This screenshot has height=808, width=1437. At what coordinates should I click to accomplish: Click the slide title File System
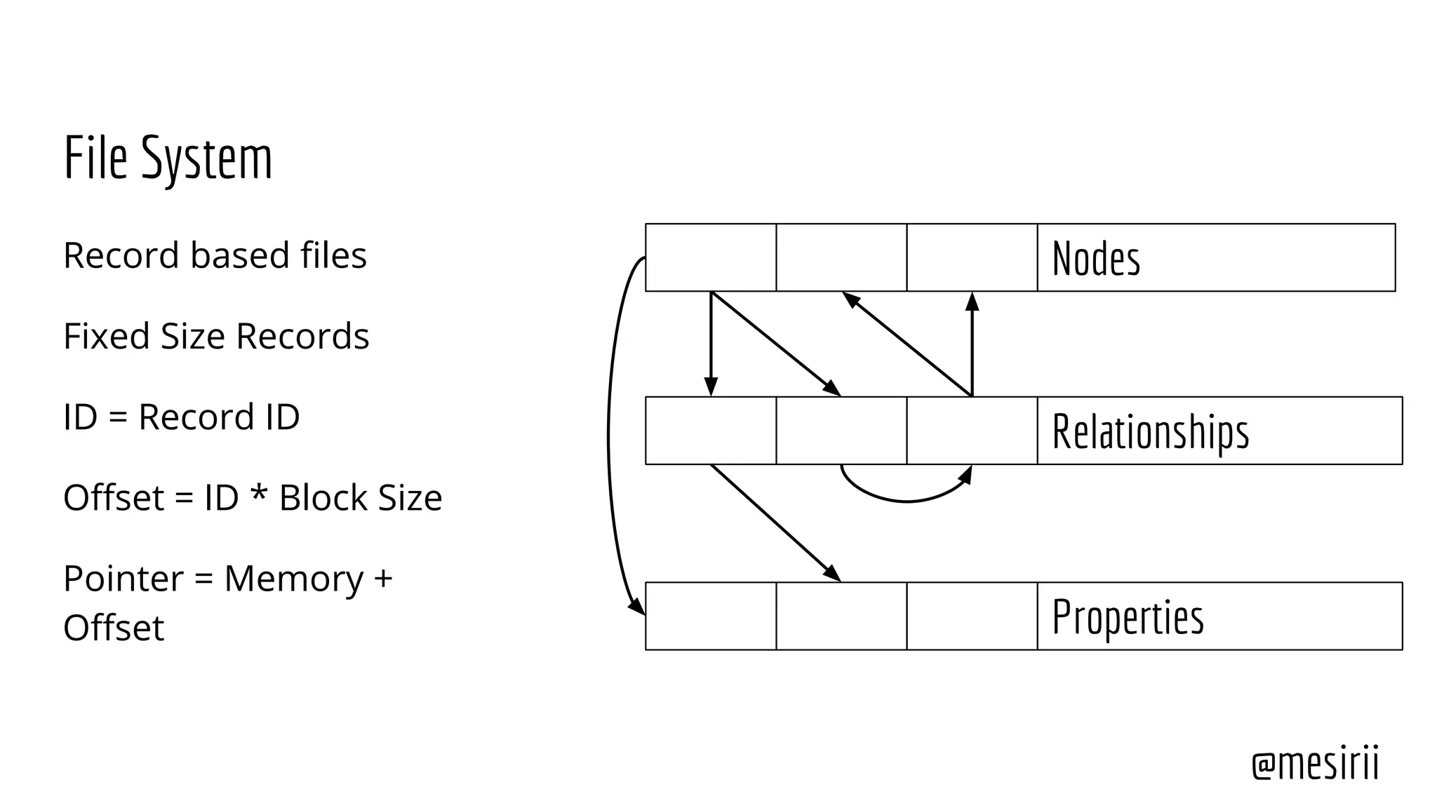click(168, 159)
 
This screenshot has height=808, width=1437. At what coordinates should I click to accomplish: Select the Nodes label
click(1096, 258)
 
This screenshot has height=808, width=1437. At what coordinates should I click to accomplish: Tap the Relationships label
click(1151, 431)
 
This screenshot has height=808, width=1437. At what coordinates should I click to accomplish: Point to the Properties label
click(1128, 617)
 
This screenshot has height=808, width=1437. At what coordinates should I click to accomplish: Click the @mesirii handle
click(1315, 763)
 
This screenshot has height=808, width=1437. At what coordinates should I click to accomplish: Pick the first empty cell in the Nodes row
click(711, 257)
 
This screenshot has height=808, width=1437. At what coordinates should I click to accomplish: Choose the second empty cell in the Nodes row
click(841, 257)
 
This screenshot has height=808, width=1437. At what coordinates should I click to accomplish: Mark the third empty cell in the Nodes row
click(972, 257)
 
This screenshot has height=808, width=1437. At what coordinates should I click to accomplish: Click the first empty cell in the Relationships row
click(711, 431)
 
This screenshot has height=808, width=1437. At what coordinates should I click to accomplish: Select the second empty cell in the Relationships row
click(841, 431)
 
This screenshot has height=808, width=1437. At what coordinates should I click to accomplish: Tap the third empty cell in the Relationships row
click(972, 431)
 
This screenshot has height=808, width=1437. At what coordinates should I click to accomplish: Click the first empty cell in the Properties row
click(711, 616)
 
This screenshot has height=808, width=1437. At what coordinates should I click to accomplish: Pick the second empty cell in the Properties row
click(841, 616)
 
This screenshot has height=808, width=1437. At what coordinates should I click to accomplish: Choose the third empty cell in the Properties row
click(972, 616)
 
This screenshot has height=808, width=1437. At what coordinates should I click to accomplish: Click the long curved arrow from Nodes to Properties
click(608, 435)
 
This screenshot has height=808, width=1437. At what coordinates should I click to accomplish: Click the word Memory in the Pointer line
click(293, 579)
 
